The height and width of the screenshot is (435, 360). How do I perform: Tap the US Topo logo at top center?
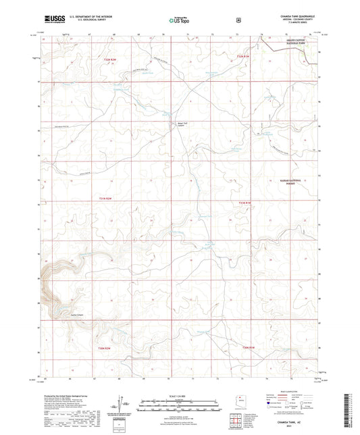tap(179, 21)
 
